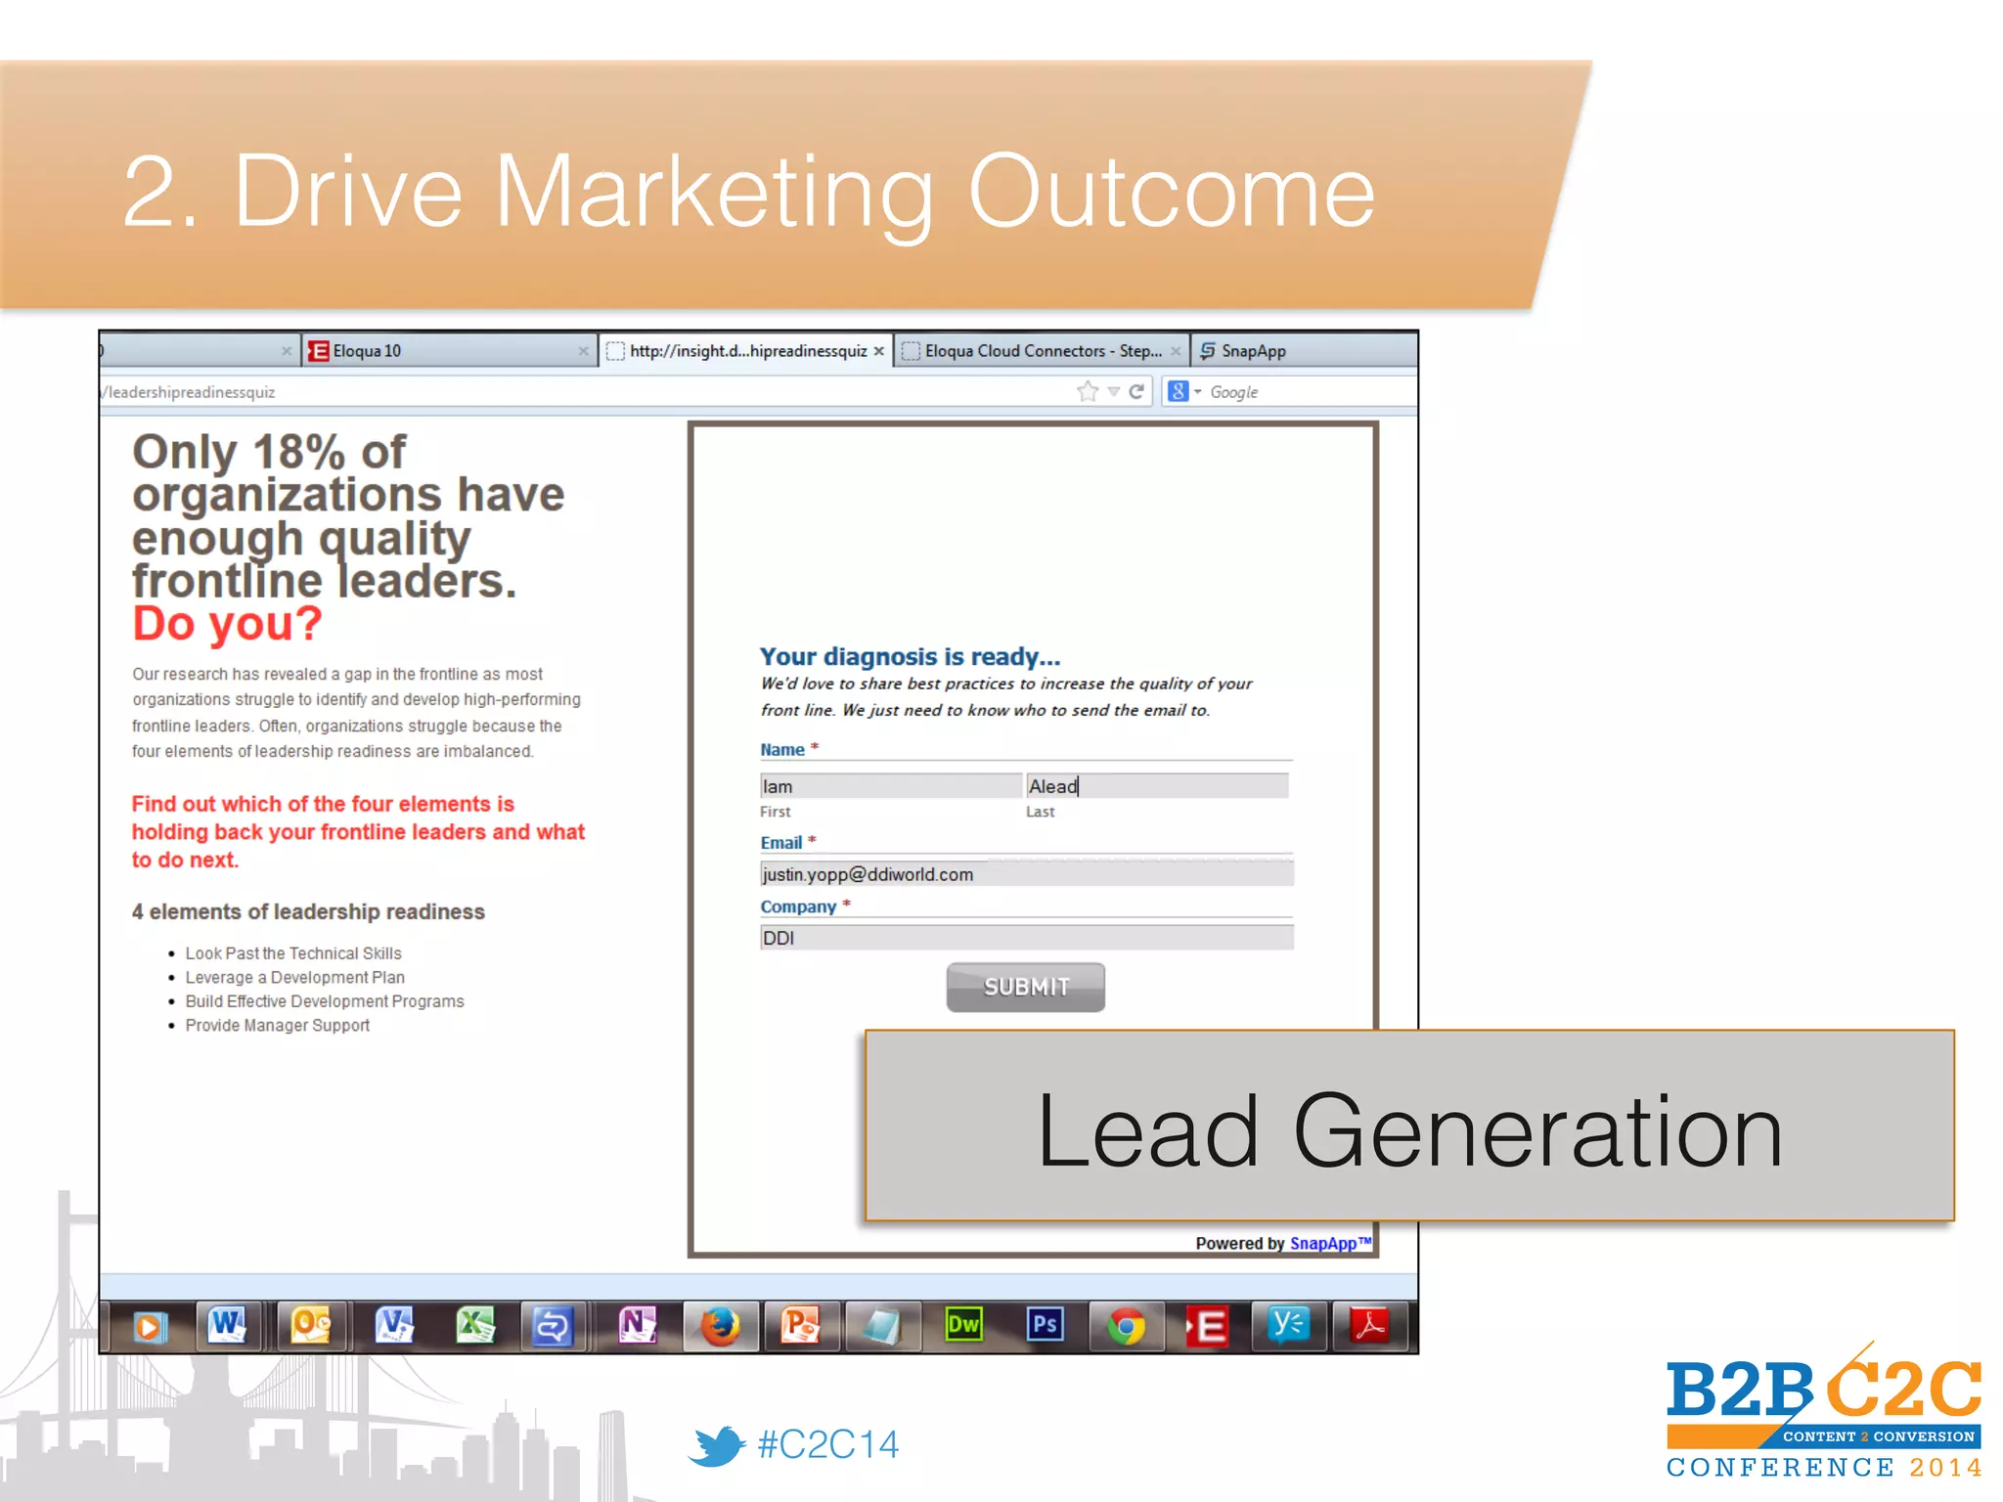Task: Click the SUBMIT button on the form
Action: pos(1025,987)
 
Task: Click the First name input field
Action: pos(890,786)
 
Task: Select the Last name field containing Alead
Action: pos(1156,786)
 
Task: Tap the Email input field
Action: pos(1026,874)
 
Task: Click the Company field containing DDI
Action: pos(1026,938)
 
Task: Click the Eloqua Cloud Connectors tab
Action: pos(1042,351)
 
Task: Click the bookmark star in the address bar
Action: pos(1087,392)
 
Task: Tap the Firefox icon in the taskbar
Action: pos(720,1327)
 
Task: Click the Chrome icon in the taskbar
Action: pos(1126,1327)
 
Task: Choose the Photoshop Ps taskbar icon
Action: pos(1045,1325)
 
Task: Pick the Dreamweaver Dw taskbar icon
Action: pos(963,1325)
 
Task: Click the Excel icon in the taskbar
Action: pos(475,1326)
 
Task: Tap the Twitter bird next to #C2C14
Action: pos(717,1445)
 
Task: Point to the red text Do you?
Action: pos(227,624)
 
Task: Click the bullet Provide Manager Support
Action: pos(278,1026)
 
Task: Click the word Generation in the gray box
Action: pos(1537,1131)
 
